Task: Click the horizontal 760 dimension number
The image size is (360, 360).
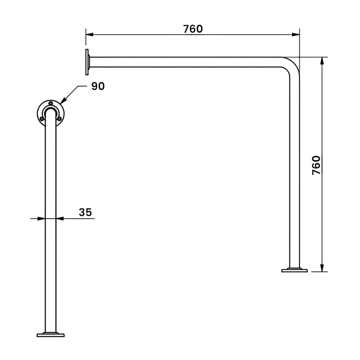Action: click(193, 29)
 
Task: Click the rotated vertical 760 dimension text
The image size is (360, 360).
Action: click(316, 165)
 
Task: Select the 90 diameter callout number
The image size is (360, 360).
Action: click(98, 86)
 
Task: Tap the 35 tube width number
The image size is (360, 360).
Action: click(85, 212)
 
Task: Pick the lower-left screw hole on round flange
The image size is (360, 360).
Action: click(42, 119)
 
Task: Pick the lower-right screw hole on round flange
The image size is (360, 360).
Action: click(59, 119)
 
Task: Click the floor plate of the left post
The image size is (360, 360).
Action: click(50, 334)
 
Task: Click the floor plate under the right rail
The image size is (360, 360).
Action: click(294, 270)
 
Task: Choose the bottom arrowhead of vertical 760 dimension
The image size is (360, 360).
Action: click(322, 268)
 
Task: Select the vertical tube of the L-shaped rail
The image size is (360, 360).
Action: click(294, 171)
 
